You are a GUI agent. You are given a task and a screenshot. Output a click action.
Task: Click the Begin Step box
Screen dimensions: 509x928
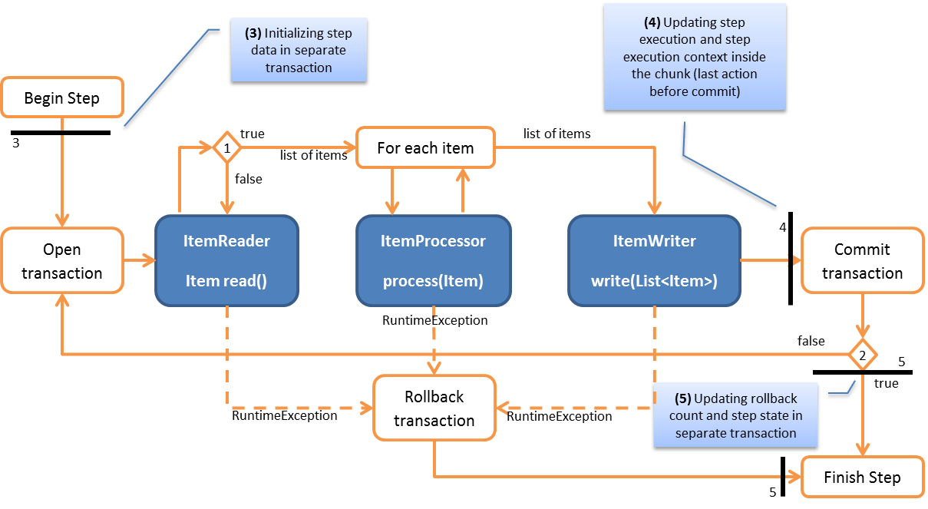point(62,98)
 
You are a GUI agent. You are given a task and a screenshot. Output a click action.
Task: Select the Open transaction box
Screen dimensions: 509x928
point(62,261)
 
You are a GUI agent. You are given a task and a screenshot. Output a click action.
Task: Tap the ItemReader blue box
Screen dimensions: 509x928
point(226,261)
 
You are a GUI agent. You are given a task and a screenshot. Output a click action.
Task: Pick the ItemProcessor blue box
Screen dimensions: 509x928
point(433,261)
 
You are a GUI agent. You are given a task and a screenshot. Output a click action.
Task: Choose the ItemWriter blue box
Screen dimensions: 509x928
point(654,261)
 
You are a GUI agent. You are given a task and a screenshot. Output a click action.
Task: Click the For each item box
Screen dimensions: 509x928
point(425,147)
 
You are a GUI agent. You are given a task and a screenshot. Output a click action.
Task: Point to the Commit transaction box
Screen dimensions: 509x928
point(862,261)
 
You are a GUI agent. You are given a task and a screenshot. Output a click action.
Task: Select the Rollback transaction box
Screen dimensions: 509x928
point(434,408)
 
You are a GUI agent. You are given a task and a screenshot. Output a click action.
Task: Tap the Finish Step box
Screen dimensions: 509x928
point(862,478)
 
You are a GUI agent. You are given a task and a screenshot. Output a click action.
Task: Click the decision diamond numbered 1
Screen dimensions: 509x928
point(226,147)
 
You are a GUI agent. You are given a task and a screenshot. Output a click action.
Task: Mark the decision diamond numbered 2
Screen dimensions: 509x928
point(863,355)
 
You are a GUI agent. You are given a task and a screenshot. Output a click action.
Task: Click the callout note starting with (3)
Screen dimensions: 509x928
point(299,51)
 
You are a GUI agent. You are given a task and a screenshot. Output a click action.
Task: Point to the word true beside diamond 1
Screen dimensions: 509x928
point(253,134)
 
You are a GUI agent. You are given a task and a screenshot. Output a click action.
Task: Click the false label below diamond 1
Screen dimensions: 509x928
point(249,179)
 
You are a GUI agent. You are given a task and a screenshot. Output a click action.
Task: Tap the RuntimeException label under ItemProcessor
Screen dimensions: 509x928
point(434,320)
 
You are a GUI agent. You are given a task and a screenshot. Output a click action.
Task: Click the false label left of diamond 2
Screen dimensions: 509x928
point(811,341)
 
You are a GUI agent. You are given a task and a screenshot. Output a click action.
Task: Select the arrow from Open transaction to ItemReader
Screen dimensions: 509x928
point(139,262)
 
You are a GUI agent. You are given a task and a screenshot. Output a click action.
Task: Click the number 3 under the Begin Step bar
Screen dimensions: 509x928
point(16,143)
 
